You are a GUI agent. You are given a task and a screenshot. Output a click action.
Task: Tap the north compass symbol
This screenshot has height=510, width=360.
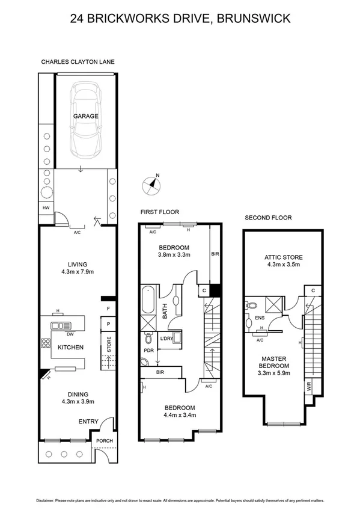[153, 185]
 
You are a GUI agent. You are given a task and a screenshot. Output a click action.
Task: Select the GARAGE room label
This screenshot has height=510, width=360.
[86, 116]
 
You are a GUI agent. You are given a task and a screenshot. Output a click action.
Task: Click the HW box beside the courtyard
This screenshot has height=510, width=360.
[46, 208]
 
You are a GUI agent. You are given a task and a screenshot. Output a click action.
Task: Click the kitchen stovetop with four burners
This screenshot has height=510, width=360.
[46, 345]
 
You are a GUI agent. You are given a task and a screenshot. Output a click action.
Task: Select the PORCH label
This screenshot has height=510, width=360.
[105, 441]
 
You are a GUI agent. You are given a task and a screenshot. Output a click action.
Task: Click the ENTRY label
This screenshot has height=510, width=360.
[88, 422]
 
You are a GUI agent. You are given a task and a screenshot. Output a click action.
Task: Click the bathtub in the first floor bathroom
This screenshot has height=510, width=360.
[148, 300]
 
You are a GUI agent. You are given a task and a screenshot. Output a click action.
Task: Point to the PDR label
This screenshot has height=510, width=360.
[148, 349]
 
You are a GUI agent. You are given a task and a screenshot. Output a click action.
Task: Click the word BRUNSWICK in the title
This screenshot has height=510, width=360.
[255, 19]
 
